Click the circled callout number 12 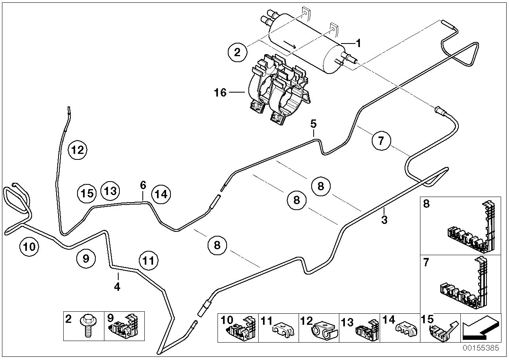pyautogui.click(x=78, y=150)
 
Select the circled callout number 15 pyautogui.click(x=87, y=193)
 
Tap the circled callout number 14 pyautogui.click(x=161, y=194)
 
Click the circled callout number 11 pyautogui.click(x=148, y=261)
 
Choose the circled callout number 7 pyautogui.click(x=381, y=141)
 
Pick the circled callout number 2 pyautogui.click(x=237, y=52)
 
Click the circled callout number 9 pyautogui.click(x=86, y=258)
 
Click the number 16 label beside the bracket pyautogui.click(x=220, y=93)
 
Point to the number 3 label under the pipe pyautogui.click(x=384, y=220)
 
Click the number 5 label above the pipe pyautogui.click(x=313, y=124)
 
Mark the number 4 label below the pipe pyautogui.click(x=117, y=286)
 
